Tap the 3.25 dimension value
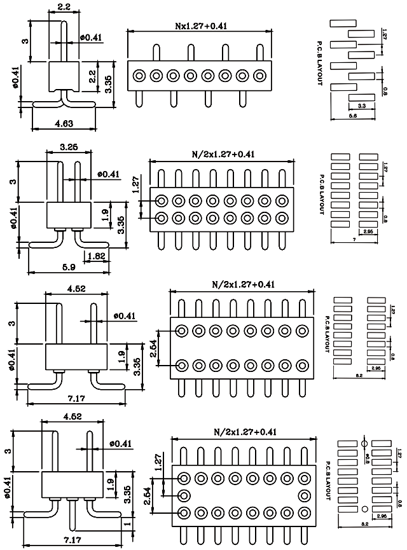(69, 147)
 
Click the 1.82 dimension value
(97, 256)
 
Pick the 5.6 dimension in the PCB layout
(353, 116)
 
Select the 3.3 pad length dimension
(361, 105)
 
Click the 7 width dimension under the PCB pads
(352, 238)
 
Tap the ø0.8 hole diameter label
(367, 457)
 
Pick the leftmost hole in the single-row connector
(139, 76)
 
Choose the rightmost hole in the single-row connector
(259, 76)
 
